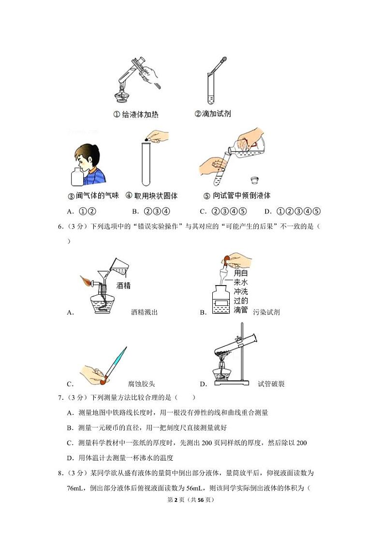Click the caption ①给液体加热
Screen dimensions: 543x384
(x=135, y=115)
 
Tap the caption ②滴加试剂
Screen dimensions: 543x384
(x=212, y=114)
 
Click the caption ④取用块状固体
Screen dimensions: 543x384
(x=151, y=196)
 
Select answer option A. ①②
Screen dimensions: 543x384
(x=81, y=211)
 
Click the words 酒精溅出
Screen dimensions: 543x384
(x=144, y=312)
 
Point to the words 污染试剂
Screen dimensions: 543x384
(x=266, y=312)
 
